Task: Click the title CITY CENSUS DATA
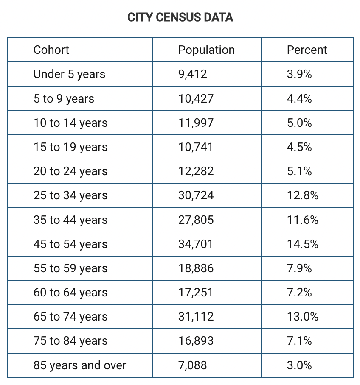click(x=180, y=17)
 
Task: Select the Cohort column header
click(x=51, y=50)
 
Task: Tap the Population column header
click(x=206, y=50)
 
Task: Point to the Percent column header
click(x=307, y=50)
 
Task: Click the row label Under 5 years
click(x=69, y=74)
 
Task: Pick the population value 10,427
click(x=196, y=99)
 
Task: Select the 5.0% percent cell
click(x=299, y=123)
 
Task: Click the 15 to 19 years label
click(x=70, y=147)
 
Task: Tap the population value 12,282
click(x=196, y=171)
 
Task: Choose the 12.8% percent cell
click(x=302, y=195)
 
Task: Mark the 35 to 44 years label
click(x=70, y=220)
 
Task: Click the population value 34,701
click(x=196, y=244)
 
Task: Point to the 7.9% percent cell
click(x=299, y=268)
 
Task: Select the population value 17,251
click(x=196, y=293)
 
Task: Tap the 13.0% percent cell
click(x=302, y=317)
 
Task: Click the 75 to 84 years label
click(x=70, y=341)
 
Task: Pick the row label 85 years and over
click(x=80, y=365)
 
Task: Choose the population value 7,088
click(x=192, y=365)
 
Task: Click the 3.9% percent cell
click(x=299, y=74)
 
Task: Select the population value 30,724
click(x=196, y=195)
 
